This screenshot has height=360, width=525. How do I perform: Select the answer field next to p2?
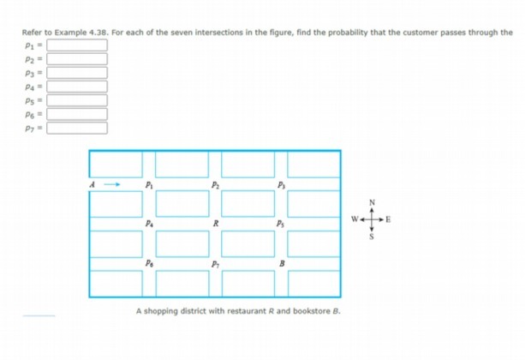coord(76,58)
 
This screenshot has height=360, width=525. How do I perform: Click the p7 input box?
coord(76,129)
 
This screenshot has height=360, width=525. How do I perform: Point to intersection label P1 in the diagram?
coord(150,183)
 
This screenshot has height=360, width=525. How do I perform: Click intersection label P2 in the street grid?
coord(216,183)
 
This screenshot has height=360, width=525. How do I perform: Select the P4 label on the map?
coord(150,225)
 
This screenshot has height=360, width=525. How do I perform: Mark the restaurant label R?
coord(216,225)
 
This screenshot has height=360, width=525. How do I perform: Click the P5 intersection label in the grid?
coord(280,225)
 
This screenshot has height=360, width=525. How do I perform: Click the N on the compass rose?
coord(372,202)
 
